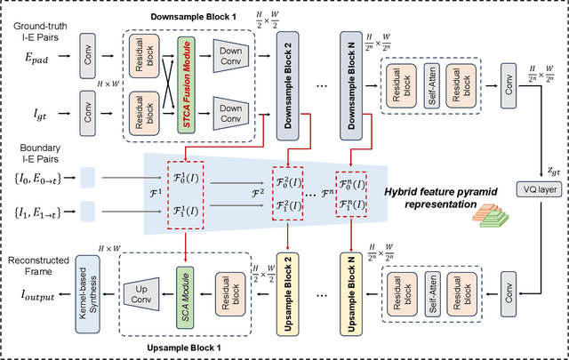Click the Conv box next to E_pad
[86, 47]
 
